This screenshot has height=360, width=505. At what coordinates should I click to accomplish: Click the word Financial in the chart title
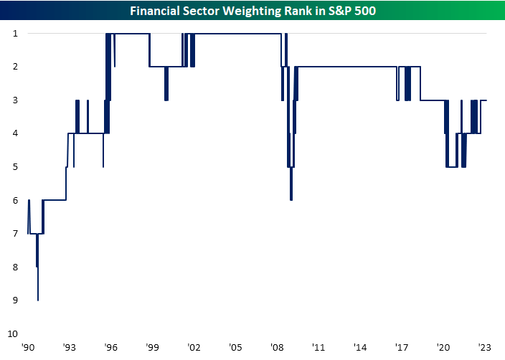click(153, 11)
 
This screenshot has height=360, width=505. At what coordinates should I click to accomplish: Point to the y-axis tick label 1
click(14, 33)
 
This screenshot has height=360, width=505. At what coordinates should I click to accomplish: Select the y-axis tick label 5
click(14, 166)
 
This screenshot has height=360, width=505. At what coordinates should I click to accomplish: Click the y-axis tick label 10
click(12, 333)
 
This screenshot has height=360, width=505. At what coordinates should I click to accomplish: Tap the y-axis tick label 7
click(14, 234)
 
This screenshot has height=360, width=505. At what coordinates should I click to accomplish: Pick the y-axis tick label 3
click(14, 100)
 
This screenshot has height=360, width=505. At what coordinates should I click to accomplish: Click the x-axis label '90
click(28, 346)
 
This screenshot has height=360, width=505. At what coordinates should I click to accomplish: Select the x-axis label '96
click(110, 346)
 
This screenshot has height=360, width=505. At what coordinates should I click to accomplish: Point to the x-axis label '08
click(277, 346)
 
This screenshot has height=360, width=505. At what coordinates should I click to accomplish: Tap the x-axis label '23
click(484, 346)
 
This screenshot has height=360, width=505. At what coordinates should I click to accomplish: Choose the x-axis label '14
click(360, 346)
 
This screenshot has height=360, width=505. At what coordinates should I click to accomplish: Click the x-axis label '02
click(194, 346)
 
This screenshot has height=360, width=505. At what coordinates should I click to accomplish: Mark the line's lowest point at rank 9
click(38, 300)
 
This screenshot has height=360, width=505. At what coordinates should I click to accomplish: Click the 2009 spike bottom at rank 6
click(291, 199)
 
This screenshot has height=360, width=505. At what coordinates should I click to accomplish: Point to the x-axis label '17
click(402, 346)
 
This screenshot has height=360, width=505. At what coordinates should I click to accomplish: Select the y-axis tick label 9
click(14, 300)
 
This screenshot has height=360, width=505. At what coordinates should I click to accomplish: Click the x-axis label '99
click(152, 346)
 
